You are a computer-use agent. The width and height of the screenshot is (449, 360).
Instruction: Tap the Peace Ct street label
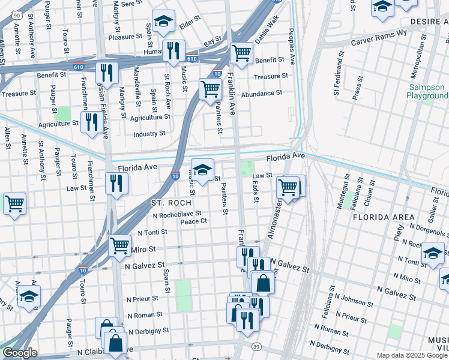point(194,221)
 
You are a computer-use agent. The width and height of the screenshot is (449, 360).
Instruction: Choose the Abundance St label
point(261,94)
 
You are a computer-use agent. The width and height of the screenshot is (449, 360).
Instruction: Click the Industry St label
point(149,133)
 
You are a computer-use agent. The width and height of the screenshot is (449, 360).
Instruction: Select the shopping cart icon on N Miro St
point(119,245)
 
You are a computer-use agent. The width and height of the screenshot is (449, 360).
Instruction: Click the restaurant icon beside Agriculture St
point(91,123)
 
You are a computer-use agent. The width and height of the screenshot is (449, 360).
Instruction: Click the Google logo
point(20,353)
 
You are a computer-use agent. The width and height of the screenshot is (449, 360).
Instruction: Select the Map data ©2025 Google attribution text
point(411,355)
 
